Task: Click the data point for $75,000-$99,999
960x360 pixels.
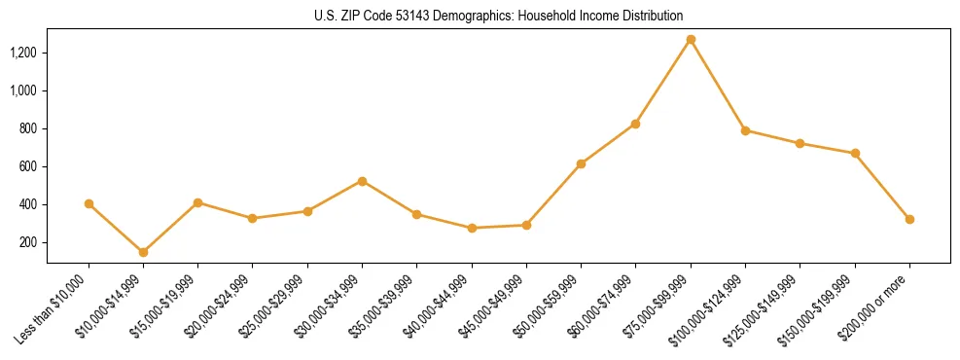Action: click(691, 40)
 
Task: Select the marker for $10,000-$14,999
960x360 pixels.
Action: click(143, 252)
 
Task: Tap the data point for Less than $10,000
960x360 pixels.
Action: click(89, 203)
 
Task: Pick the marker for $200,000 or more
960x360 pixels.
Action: click(909, 219)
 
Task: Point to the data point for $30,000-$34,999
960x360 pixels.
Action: click(362, 181)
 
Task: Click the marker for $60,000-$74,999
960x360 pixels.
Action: click(635, 124)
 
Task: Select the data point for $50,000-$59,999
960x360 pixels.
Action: click(581, 163)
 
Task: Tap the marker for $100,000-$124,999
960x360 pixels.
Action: click(745, 130)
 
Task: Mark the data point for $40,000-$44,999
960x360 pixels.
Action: click(472, 228)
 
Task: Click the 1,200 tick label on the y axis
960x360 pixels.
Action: click(23, 53)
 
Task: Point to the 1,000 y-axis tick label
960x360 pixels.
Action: click(23, 90)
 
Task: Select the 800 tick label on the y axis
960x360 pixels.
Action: click(28, 128)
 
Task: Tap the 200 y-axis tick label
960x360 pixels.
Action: click(28, 242)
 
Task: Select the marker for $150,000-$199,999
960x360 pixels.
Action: click(855, 153)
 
